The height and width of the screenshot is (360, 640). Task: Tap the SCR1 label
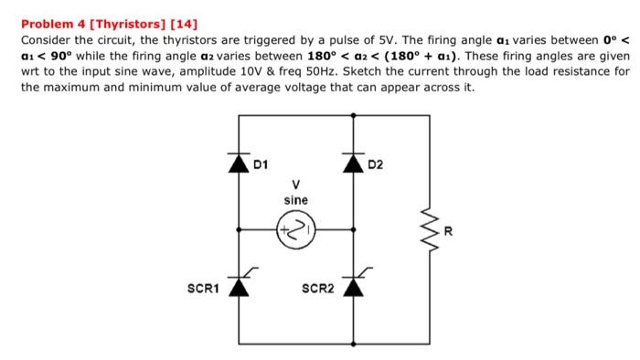202,289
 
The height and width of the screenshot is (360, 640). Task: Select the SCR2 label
317,289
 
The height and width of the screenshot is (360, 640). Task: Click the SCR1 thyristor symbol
240,285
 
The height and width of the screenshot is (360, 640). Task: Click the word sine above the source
295,198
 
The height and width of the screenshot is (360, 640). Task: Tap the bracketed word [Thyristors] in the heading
127,22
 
